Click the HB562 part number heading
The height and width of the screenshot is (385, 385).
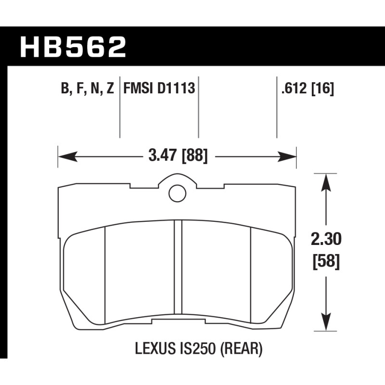point(73,47)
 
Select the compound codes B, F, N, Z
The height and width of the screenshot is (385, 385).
point(88,89)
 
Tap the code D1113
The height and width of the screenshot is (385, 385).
point(176,88)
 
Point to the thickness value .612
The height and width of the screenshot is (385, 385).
point(295,88)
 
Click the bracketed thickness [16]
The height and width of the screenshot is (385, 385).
point(323,89)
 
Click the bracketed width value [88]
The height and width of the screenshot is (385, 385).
point(194,156)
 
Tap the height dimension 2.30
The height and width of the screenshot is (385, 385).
point(326,239)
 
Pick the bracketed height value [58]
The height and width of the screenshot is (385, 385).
point(326,262)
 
